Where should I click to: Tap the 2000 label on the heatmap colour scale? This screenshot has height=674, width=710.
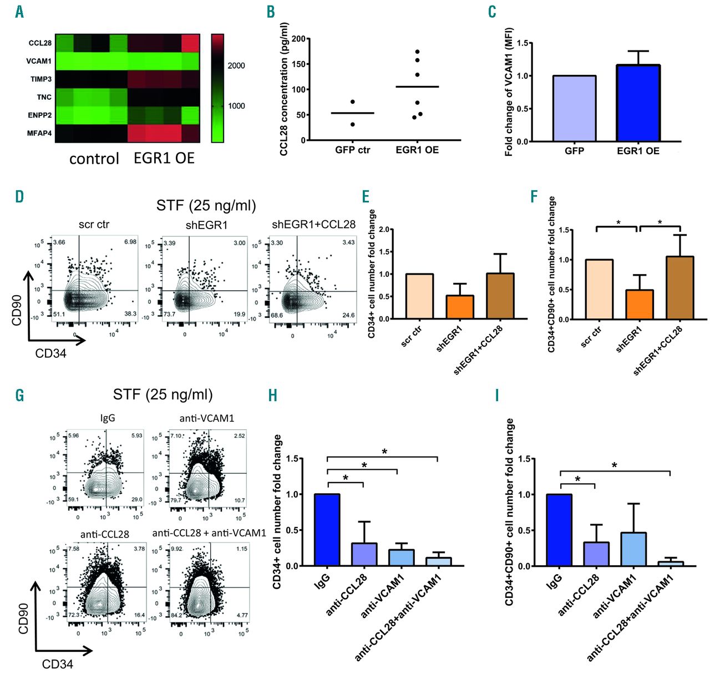[236, 65]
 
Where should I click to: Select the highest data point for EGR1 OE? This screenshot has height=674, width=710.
[417, 52]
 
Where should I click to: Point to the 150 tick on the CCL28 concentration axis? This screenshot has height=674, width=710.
[298, 64]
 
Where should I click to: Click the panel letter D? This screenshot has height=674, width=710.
[20, 196]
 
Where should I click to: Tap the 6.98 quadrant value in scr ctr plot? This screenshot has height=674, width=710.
[130, 242]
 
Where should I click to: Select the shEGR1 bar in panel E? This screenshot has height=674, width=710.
[460, 307]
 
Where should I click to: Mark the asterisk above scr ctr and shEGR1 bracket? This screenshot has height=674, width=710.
[618, 223]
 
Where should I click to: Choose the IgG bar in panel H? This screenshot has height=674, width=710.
[327, 530]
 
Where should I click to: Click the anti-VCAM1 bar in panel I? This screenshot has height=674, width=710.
[633, 549]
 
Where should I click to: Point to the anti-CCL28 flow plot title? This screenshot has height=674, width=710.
[104, 534]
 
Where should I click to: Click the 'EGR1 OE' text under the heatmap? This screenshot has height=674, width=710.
[164, 159]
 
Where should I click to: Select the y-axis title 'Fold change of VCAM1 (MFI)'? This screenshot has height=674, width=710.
[509, 92]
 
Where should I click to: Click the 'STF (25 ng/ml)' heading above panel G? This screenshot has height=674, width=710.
[163, 395]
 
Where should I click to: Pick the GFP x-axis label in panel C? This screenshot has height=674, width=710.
[574, 150]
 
